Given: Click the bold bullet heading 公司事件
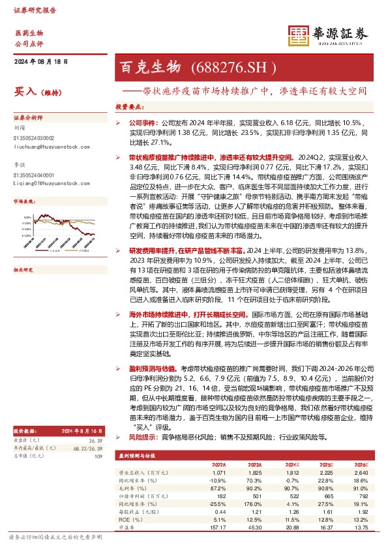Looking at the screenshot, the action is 143,122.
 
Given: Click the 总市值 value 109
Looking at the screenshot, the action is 98,455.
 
